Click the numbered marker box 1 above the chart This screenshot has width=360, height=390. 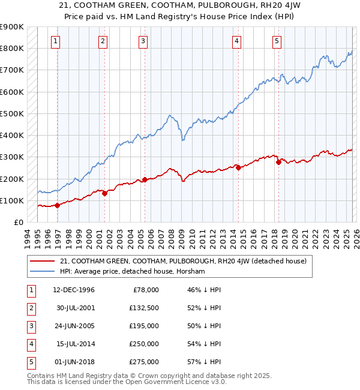point(55,41)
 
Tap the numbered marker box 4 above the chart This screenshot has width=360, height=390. point(237,41)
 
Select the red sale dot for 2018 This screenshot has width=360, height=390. point(278,162)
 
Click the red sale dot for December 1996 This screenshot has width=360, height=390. point(58,205)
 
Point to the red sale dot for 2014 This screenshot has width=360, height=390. point(238,168)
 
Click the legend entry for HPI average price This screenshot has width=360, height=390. point(132,271)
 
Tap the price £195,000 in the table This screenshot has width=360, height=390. point(144,326)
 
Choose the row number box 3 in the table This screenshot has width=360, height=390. point(29,326)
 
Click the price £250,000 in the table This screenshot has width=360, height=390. point(144,344)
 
